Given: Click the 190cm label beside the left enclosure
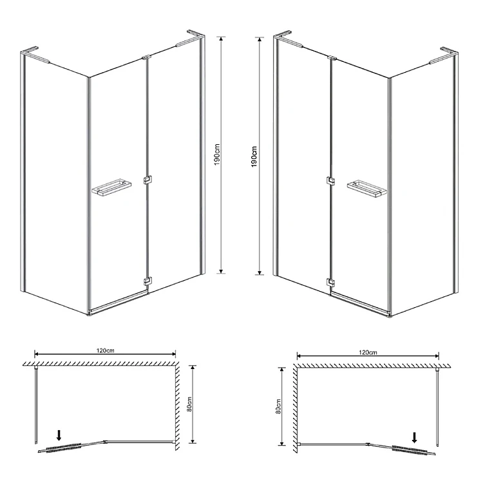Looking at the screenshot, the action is pyautogui.click(x=217, y=155).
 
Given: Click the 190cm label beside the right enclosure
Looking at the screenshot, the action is pyautogui.click(x=254, y=156).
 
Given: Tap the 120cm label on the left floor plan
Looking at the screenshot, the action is pyautogui.click(x=106, y=350).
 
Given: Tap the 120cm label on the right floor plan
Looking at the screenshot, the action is pyautogui.click(x=368, y=352).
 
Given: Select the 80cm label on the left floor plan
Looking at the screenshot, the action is pyautogui.click(x=189, y=404).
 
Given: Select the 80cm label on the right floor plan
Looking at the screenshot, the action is pyautogui.click(x=278, y=406).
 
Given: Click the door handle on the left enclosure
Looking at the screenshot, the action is pyautogui.click(x=111, y=187).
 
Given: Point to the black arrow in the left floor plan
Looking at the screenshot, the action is pyautogui.click(x=59, y=435).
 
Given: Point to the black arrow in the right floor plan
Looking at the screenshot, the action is pyautogui.click(x=415, y=437).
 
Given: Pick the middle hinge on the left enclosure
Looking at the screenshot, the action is pyautogui.click(x=148, y=180).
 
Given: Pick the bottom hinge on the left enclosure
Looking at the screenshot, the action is pyautogui.click(x=148, y=281).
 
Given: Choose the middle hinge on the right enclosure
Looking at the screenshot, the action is pyautogui.click(x=330, y=180).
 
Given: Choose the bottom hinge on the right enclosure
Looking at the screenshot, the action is pyautogui.click(x=331, y=282).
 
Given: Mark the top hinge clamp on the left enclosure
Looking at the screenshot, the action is pyautogui.click(x=146, y=57).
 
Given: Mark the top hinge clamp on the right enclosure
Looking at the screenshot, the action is pyautogui.click(x=332, y=57).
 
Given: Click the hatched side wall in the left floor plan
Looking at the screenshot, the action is pyautogui.click(x=177, y=406).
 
